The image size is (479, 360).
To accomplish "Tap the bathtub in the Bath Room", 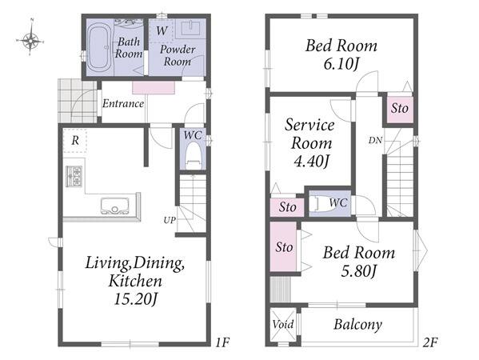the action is click(x=99, y=48).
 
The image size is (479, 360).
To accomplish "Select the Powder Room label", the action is click(x=178, y=55).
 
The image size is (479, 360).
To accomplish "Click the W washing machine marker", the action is click(x=162, y=30).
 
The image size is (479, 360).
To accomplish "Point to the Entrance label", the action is click(x=123, y=103).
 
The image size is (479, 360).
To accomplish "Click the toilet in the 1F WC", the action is click(x=193, y=156).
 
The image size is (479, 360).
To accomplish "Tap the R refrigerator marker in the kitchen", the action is click(x=75, y=141).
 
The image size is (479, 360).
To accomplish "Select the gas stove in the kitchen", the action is click(x=74, y=176).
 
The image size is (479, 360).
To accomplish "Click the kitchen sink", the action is click(x=114, y=206).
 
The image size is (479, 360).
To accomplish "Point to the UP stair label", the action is click(x=170, y=220).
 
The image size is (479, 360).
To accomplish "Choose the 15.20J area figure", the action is click(x=135, y=299).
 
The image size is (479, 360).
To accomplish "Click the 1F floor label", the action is click(x=222, y=342).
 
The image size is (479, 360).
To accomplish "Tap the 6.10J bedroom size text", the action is click(x=341, y=64).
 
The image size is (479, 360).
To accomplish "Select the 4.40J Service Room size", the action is click(x=311, y=161).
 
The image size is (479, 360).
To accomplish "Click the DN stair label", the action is click(x=375, y=140).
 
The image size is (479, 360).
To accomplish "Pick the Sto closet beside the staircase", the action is click(x=400, y=108).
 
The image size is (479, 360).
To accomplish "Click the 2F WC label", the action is click(x=338, y=202).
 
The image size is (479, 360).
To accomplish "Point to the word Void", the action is click(x=283, y=324).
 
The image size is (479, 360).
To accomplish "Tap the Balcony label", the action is click(x=357, y=325).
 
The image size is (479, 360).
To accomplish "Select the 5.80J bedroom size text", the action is click(x=358, y=270).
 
